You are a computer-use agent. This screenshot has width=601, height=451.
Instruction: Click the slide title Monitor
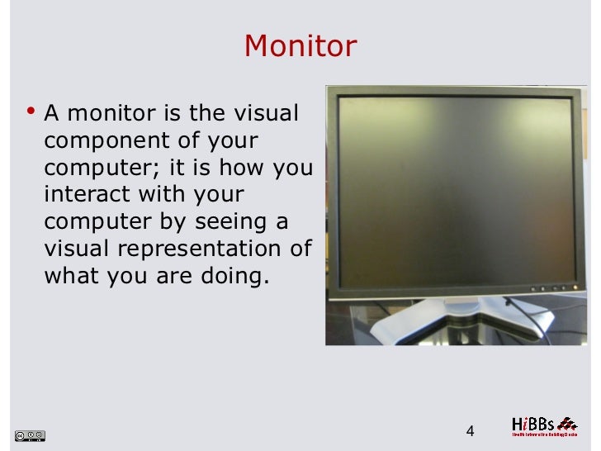[x=300, y=46]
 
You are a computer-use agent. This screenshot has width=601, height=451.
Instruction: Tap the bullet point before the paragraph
[x=31, y=110]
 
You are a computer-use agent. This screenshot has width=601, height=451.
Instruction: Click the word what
[x=71, y=276]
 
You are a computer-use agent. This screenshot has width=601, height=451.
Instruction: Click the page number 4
[x=471, y=431]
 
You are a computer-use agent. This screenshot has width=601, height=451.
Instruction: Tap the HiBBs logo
[x=543, y=425]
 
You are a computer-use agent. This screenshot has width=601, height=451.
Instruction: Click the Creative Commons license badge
[x=30, y=434]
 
